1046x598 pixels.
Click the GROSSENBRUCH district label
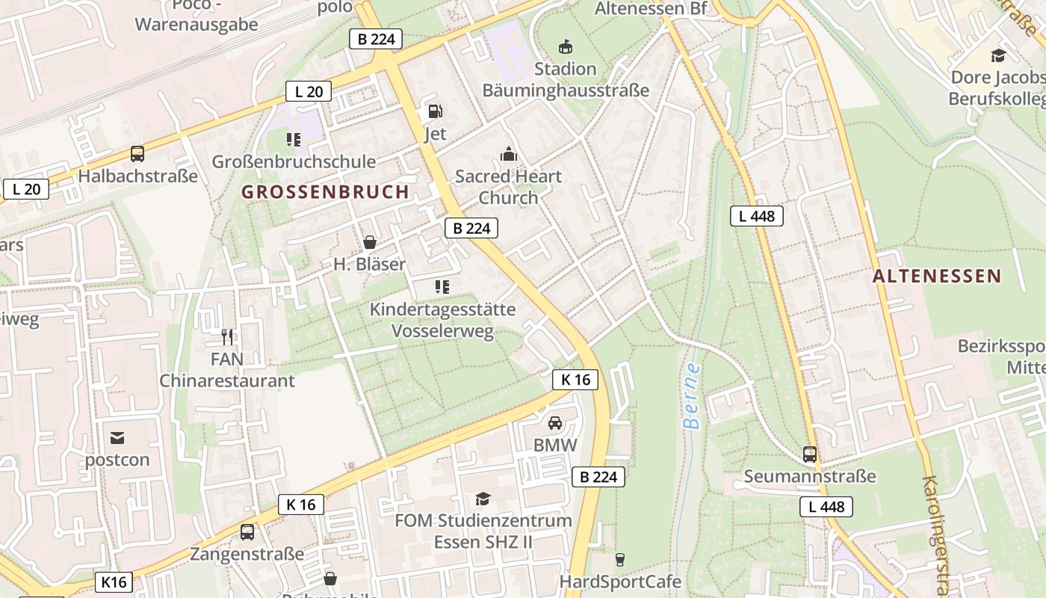[x=325, y=192]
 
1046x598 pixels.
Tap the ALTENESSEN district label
[x=936, y=276]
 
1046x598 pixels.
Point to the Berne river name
[x=693, y=396]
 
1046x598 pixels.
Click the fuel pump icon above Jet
[x=435, y=112]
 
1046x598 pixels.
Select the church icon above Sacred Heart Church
[x=508, y=155]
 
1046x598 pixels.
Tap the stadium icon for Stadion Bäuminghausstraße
[x=566, y=47]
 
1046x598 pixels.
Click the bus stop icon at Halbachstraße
[x=137, y=154]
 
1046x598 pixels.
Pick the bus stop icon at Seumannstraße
[x=809, y=454]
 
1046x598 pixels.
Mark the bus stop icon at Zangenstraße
[x=247, y=532]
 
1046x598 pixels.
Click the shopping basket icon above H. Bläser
[x=369, y=242]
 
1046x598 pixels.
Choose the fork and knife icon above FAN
[x=227, y=337]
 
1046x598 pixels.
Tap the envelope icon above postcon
[x=117, y=438]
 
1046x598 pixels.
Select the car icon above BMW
[x=555, y=423]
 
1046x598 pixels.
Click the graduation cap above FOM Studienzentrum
[x=483, y=499]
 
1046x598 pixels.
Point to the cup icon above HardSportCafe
[x=619, y=559]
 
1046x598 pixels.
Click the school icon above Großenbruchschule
[x=294, y=140]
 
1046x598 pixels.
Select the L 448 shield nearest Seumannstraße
[x=826, y=507]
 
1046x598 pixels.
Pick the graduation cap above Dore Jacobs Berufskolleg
[x=997, y=55]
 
